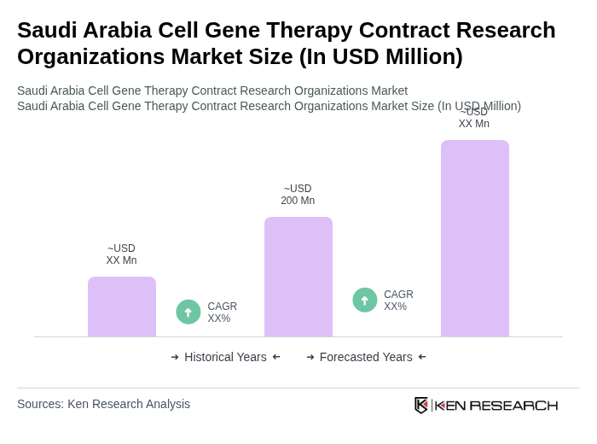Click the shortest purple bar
pyautogui.click(x=122, y=307)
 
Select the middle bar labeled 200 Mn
pyautogui.click(x=298, y=277)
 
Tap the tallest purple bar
pyautogui.click(x=475, y=238)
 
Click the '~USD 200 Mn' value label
pyautogui.click(x=298, y=195)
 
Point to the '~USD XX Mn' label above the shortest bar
pyautogui.click(x=121, y=254)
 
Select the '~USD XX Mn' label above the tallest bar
pyautogui.click(x=474, y=118)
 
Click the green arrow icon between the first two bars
pyautogui.click(x=188, y=313)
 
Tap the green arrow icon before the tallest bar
pyautogui.click(x=365, y=301)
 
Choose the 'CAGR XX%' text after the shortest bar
pyautogui.click(x=222, y=313)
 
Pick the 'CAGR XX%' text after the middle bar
pyautogui.click(x=398, y=301)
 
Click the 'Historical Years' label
pyautogui.click(x=225, y=357)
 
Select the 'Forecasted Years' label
pyautogui.click(x=366, y=357)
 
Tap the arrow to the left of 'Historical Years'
pyautogui.click(x=175, y=357)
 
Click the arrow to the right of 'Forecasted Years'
pyautogui.click(x=422, y=357)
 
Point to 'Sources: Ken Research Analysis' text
pyautogui.click(x=103, y=404)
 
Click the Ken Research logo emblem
pyautogui.click(x=421, y=405)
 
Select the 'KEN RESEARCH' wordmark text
pyautogui.click(x=496, y=406)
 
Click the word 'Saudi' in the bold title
pyautogui.click(x=46, y=30)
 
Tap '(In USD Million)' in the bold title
pyautogui.click(x=380, y=56)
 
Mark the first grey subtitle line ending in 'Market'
pyautogui.click(x=212, y=91)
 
